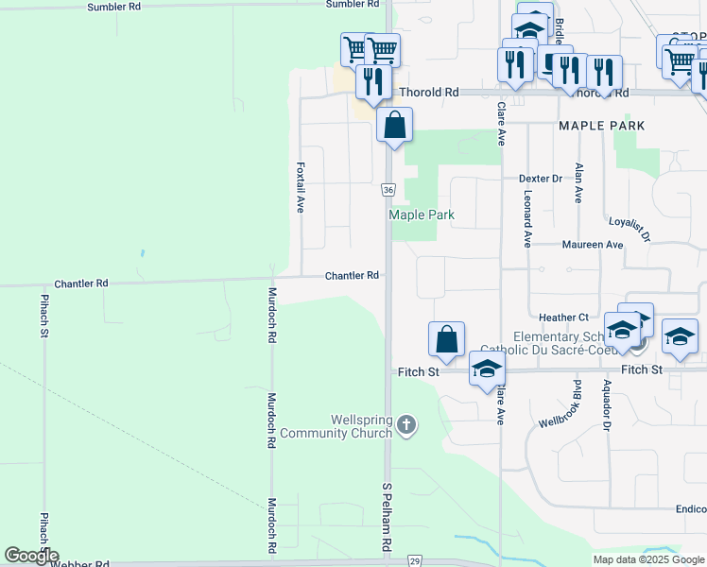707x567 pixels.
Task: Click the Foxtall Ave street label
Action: (x=300, y=185)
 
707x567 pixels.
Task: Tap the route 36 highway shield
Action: (x=388, y=190)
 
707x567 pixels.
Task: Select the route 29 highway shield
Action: (x=414, y=561)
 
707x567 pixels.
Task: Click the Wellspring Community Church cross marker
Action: (x=406, y=425)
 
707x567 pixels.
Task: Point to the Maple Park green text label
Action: (x=422, y=215)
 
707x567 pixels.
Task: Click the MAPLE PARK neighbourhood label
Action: (x=601, y=126)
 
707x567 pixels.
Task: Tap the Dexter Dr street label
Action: (x=540, y=178)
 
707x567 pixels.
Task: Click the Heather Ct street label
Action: (x=563, y=318)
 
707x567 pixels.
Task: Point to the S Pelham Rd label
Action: (x=387, y=519)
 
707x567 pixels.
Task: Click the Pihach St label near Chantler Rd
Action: (x=44, y=317)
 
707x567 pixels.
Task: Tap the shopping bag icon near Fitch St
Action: (x=446, y=339)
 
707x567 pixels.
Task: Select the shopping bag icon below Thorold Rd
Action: (x=394, y=125)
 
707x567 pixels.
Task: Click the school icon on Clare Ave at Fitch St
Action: (x=487, y=369)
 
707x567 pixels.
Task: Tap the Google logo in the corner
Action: (x=30, y=556)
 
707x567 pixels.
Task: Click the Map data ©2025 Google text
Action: (x=648, y=559)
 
